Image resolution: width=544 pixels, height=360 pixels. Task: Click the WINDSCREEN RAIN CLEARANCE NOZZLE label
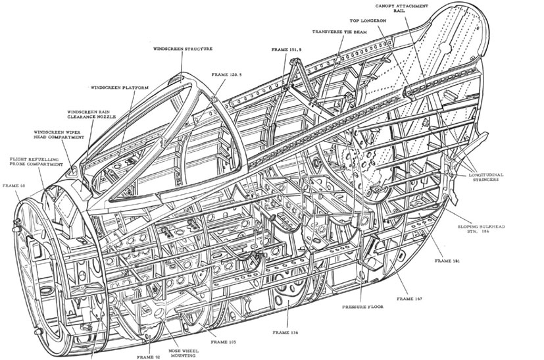(x=91, y=115)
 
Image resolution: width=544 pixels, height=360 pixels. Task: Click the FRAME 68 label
(x=15, y=186)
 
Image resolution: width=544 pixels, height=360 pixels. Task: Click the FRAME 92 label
(x=149, y=356)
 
